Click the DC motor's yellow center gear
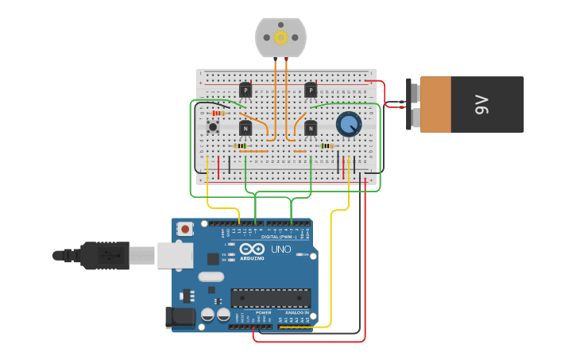click(280, 37)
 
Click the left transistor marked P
click(245, 91)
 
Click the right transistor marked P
click(311, 91)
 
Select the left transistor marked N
click(245, 128)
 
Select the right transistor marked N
click(311, 128)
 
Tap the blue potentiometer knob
click(348, 124)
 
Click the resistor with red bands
click(219, 113)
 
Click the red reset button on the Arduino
click(185, 229)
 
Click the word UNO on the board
click(281, 250)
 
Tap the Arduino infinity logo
click(252, 249)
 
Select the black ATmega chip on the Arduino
click(270, 298)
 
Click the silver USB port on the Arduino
click(175, 255)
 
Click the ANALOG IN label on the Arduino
click(297, 312)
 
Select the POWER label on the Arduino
click(263, 312)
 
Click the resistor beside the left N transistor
click(240, 146)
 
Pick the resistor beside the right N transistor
click(327, 146)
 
